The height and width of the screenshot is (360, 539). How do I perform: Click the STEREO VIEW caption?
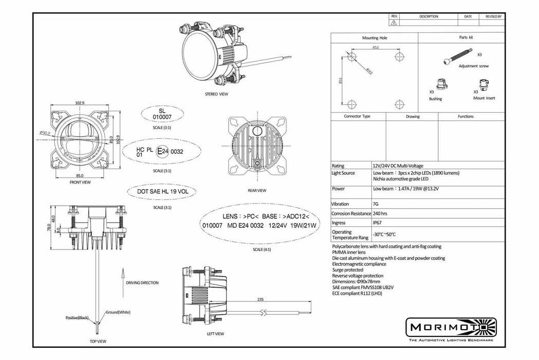(x=216, y=94)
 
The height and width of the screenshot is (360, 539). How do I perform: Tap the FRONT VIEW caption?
(x=80, y=182)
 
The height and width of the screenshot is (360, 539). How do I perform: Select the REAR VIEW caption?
(x=256, y=190)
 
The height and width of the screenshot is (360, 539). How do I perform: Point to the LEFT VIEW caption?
(x=215, y=334)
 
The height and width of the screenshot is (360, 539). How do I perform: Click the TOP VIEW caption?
(x=98, y=341)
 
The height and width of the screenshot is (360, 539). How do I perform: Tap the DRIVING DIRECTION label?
(x=142, y=283)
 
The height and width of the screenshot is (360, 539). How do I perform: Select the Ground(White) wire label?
(x=119, y=312)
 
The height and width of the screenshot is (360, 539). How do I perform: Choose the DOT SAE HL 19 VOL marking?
(x=162, y=191)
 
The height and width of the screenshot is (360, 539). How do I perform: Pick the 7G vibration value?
(x=376, y=204)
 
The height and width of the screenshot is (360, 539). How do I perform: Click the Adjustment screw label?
(x=473, y=66)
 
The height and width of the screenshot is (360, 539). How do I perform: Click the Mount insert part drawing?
(x=484, y=84)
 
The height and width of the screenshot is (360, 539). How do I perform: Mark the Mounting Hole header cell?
(x=374, y=38)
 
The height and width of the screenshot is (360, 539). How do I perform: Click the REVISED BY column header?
(x=493, y=16)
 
